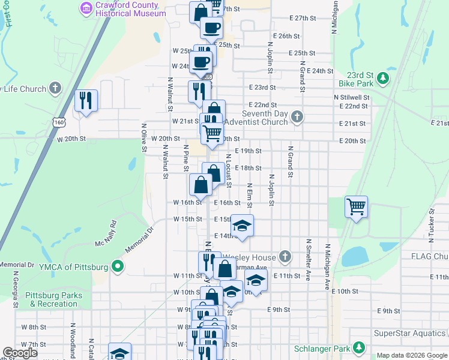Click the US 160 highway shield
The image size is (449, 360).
(58, 122)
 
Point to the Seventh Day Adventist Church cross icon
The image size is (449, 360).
(297, 116)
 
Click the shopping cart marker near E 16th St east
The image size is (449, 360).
(357, 208)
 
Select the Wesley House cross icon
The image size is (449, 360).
(285, 257)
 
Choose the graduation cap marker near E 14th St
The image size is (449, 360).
(242, 226)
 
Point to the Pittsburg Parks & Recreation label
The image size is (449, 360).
(52, 300)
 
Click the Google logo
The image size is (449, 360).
(20, 353)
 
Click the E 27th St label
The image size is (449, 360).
(302, 18)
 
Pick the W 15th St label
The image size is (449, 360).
(188, 220)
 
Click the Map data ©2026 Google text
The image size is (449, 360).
(411, 355)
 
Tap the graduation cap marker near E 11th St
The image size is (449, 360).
(256, 280)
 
